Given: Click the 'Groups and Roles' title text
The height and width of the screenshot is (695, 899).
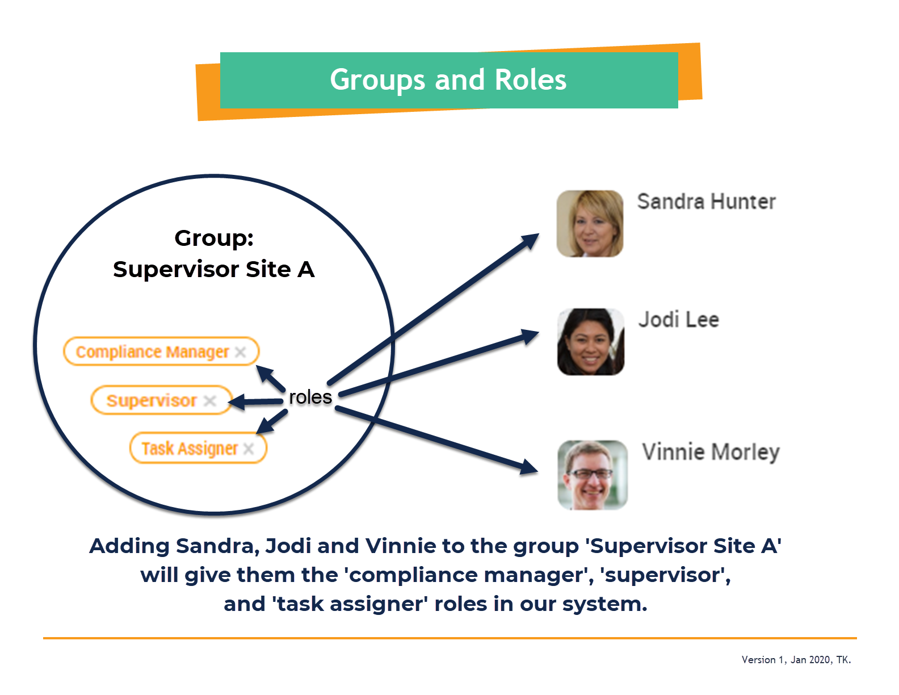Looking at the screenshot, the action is click(x=448, y=80).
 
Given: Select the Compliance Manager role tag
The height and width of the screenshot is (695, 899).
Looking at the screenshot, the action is click(x=161, y=351).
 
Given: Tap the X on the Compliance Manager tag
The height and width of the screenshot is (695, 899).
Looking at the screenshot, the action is click(x=240, y=352).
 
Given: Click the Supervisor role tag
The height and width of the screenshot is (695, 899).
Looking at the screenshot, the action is click(x=161, y=400).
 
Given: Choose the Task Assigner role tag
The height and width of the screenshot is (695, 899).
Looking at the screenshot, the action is click(x=198, y=448).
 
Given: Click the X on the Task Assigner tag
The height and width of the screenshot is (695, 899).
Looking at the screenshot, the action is click(x=248, y=449).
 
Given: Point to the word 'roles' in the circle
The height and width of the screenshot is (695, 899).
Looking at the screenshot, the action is click(x=310, y=397).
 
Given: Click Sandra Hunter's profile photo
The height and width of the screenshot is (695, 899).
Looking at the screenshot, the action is click(x=590, y=224).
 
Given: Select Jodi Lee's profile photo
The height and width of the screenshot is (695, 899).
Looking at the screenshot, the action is click(x=591, y=342).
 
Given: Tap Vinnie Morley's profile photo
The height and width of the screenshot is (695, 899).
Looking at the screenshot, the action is click(x=593, y=475).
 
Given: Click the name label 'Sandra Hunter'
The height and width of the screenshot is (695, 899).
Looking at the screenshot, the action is click(x=706, y=202).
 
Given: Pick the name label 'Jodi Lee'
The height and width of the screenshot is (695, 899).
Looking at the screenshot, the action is click(x=678, y=320).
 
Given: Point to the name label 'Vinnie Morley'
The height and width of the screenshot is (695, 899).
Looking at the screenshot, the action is click(x=711, y=452).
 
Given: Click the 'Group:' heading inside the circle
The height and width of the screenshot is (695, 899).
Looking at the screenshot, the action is click(x=214, y=238).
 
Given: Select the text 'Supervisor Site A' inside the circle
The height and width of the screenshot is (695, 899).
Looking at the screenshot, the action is click(x=214, y=270).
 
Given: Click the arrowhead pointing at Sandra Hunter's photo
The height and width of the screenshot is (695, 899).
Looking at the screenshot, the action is click(x=531, y=241).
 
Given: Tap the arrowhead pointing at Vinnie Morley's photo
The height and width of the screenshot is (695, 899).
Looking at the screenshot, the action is click(x=529, y=467).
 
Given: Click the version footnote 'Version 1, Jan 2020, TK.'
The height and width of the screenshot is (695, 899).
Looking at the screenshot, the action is click(x=796, y=660).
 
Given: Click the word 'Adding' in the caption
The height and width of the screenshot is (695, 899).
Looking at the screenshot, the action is click(x=129, y=546).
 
